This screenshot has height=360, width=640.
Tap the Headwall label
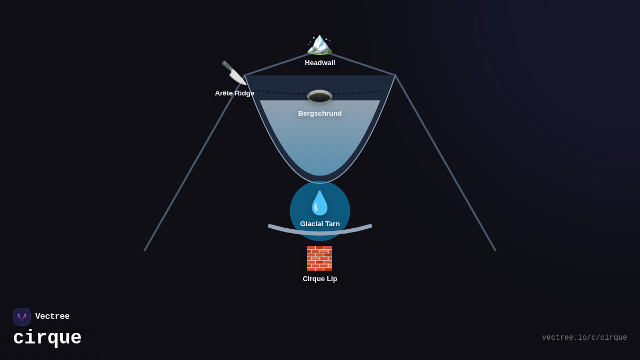pyautogui.click(x=320, y=63)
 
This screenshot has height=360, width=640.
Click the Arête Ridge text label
pyautogui.click(x=235, y=93)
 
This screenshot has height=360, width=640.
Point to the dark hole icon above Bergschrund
pyautogui.click(x=320, y=97)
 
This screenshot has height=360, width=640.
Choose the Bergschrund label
pyautogui.click(x=320, y=114)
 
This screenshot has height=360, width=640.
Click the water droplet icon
pyautogui.click(x=320, y=203)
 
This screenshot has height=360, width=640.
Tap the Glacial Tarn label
pyautogui.click(x=320, y=224)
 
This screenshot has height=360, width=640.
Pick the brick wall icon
pyautogui.click(x=319, y=258)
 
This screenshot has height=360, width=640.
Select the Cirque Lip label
pyautogui.click(x=320, y=279)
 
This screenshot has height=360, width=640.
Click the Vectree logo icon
pyautogui.click(x=22, y=317)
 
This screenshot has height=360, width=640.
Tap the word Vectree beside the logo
pyautogui.click(x=52, y=317)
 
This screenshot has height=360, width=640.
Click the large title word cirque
pyautogui.click(x=47, y=338)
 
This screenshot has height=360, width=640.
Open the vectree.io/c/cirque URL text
pyautogui.click(x=584, y=338)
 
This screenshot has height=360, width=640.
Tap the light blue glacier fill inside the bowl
pyautogui.click(x=320, y=139)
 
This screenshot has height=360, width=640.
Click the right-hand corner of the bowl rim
pyautogui.click(x=395, y=75)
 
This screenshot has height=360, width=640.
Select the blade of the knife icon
pyautogui.click(x=238, y=78)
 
